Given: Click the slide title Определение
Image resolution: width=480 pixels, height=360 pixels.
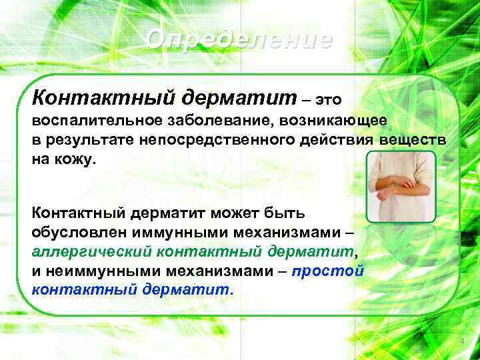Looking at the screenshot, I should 239,40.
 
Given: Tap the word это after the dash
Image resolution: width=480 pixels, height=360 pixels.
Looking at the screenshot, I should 328,100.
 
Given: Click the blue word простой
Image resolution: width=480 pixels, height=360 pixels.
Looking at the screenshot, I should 337,272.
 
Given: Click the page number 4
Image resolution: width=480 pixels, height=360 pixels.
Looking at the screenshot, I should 460,342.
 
